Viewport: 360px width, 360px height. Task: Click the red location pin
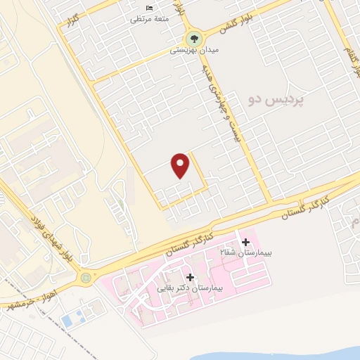tap(181, 165)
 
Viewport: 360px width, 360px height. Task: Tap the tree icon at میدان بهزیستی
tap(192, 39)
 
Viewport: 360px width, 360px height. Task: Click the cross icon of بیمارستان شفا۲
tap(245, 242)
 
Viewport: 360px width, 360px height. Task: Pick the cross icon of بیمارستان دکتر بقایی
tap(190, 277)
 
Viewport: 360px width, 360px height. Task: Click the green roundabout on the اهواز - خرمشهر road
tap(86, 278)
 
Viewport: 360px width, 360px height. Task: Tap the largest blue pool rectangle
tap(67, 321)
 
